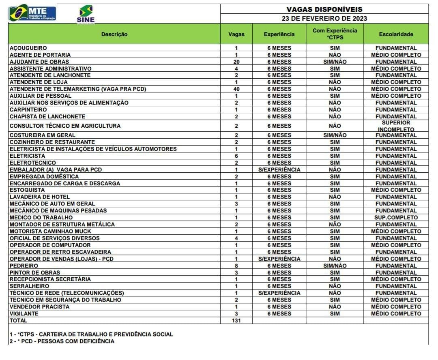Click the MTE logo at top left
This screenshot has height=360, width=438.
pyautogui.click(x=32, y=13)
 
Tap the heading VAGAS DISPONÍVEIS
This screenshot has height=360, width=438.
pyautogui.click(x=324, y=9)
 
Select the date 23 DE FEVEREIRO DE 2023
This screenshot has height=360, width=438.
pyautogui.click(x=324, y=18)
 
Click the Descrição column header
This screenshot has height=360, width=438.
pyautogui.click(x=114, y=34)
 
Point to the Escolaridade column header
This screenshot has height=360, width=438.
pyautogui.click(x=396, y=34)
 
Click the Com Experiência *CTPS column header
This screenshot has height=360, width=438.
pyautogui.click(x=335, y=34)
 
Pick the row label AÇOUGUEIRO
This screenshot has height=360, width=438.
pyautogui.click(x=28, y=48)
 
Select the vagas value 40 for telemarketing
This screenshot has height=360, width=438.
pyautogui.click(x=236, y=89)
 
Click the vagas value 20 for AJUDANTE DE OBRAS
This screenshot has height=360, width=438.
pyautogui.click(x=236, y=62)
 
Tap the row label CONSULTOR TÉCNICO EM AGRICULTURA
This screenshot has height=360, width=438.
pyautogui.click(x=65, y=126)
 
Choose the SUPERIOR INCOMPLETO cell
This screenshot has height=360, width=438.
pyautogui.click(x=396, y=126)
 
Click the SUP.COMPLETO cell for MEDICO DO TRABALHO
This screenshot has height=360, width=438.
pyautogui.click(x=396, y=217)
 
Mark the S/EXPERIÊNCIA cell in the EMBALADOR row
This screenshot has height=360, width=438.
pyautogui.click(x=279, y=169)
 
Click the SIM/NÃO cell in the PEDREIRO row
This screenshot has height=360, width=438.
pyautogui.click(x=335, y=266)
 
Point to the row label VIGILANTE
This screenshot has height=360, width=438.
pyautogui.click(x=24, y=313)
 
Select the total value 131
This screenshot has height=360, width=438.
pyautogui.click(x=236, y=320)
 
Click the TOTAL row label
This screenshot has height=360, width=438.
pyautogui.click(x=18, y=320)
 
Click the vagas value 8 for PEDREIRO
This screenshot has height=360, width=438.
pyautogui.click(x=236, y=266)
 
